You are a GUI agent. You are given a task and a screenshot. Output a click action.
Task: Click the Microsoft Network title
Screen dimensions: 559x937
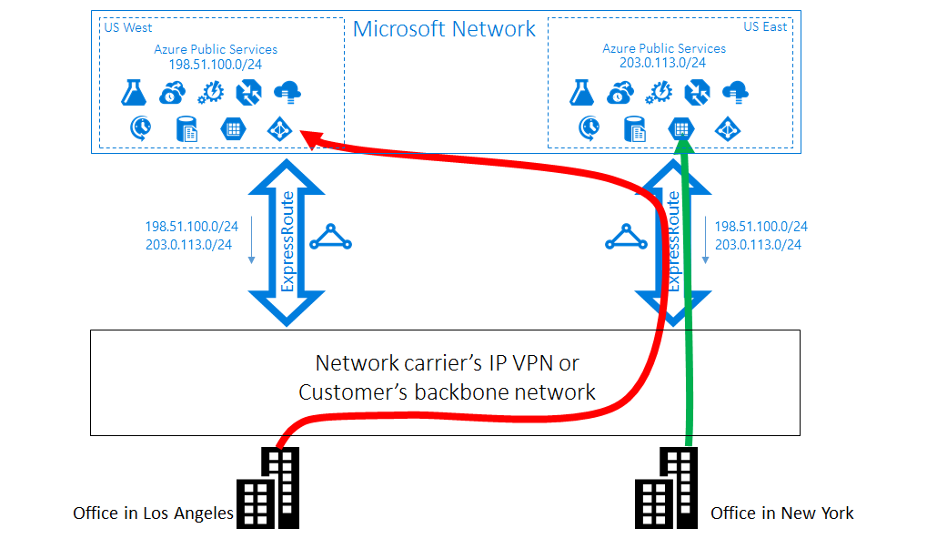click(x=444, y=29)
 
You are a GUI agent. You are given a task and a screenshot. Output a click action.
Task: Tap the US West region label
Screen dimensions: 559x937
click(x=128, y=27)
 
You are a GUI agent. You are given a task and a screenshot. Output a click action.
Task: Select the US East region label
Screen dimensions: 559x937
click(x=764, y=26)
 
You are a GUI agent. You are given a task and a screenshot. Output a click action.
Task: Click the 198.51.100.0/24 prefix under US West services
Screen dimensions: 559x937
click(x=216, y=65)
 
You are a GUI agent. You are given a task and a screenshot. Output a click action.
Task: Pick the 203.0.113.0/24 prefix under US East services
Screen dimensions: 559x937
click(x=663, y=64)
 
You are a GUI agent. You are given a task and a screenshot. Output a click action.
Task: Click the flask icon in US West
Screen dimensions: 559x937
click(x=134, y=92)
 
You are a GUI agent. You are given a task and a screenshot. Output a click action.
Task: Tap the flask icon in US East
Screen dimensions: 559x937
click(x=582, y=92)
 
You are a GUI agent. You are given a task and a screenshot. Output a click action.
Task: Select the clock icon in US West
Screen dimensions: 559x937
click(x=141, y=128)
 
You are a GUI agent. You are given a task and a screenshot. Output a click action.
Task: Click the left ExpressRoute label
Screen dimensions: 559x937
click(x=287, y=241)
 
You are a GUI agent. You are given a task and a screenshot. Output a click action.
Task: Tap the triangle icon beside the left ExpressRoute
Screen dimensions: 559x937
click(x=330, y=239)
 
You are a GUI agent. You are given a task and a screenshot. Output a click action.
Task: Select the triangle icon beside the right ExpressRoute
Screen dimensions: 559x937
click(x=626, y=239)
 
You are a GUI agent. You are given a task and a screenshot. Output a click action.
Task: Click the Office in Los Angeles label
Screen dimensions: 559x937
click(x=153, y=513)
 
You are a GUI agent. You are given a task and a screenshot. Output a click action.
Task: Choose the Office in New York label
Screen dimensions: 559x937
click(x=781, y=513)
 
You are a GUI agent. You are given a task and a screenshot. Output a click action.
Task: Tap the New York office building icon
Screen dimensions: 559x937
click(x=665, y=489)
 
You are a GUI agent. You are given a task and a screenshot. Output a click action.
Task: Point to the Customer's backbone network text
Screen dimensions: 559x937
click(x=447, y=392)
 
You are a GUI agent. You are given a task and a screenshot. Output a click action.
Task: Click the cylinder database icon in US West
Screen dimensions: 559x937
click(x=186, y=128)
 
